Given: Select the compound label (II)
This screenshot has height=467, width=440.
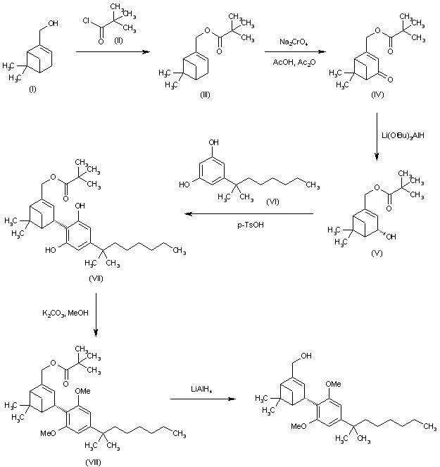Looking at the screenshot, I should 110,39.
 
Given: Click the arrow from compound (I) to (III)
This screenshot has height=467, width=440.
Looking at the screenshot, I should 111,52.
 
